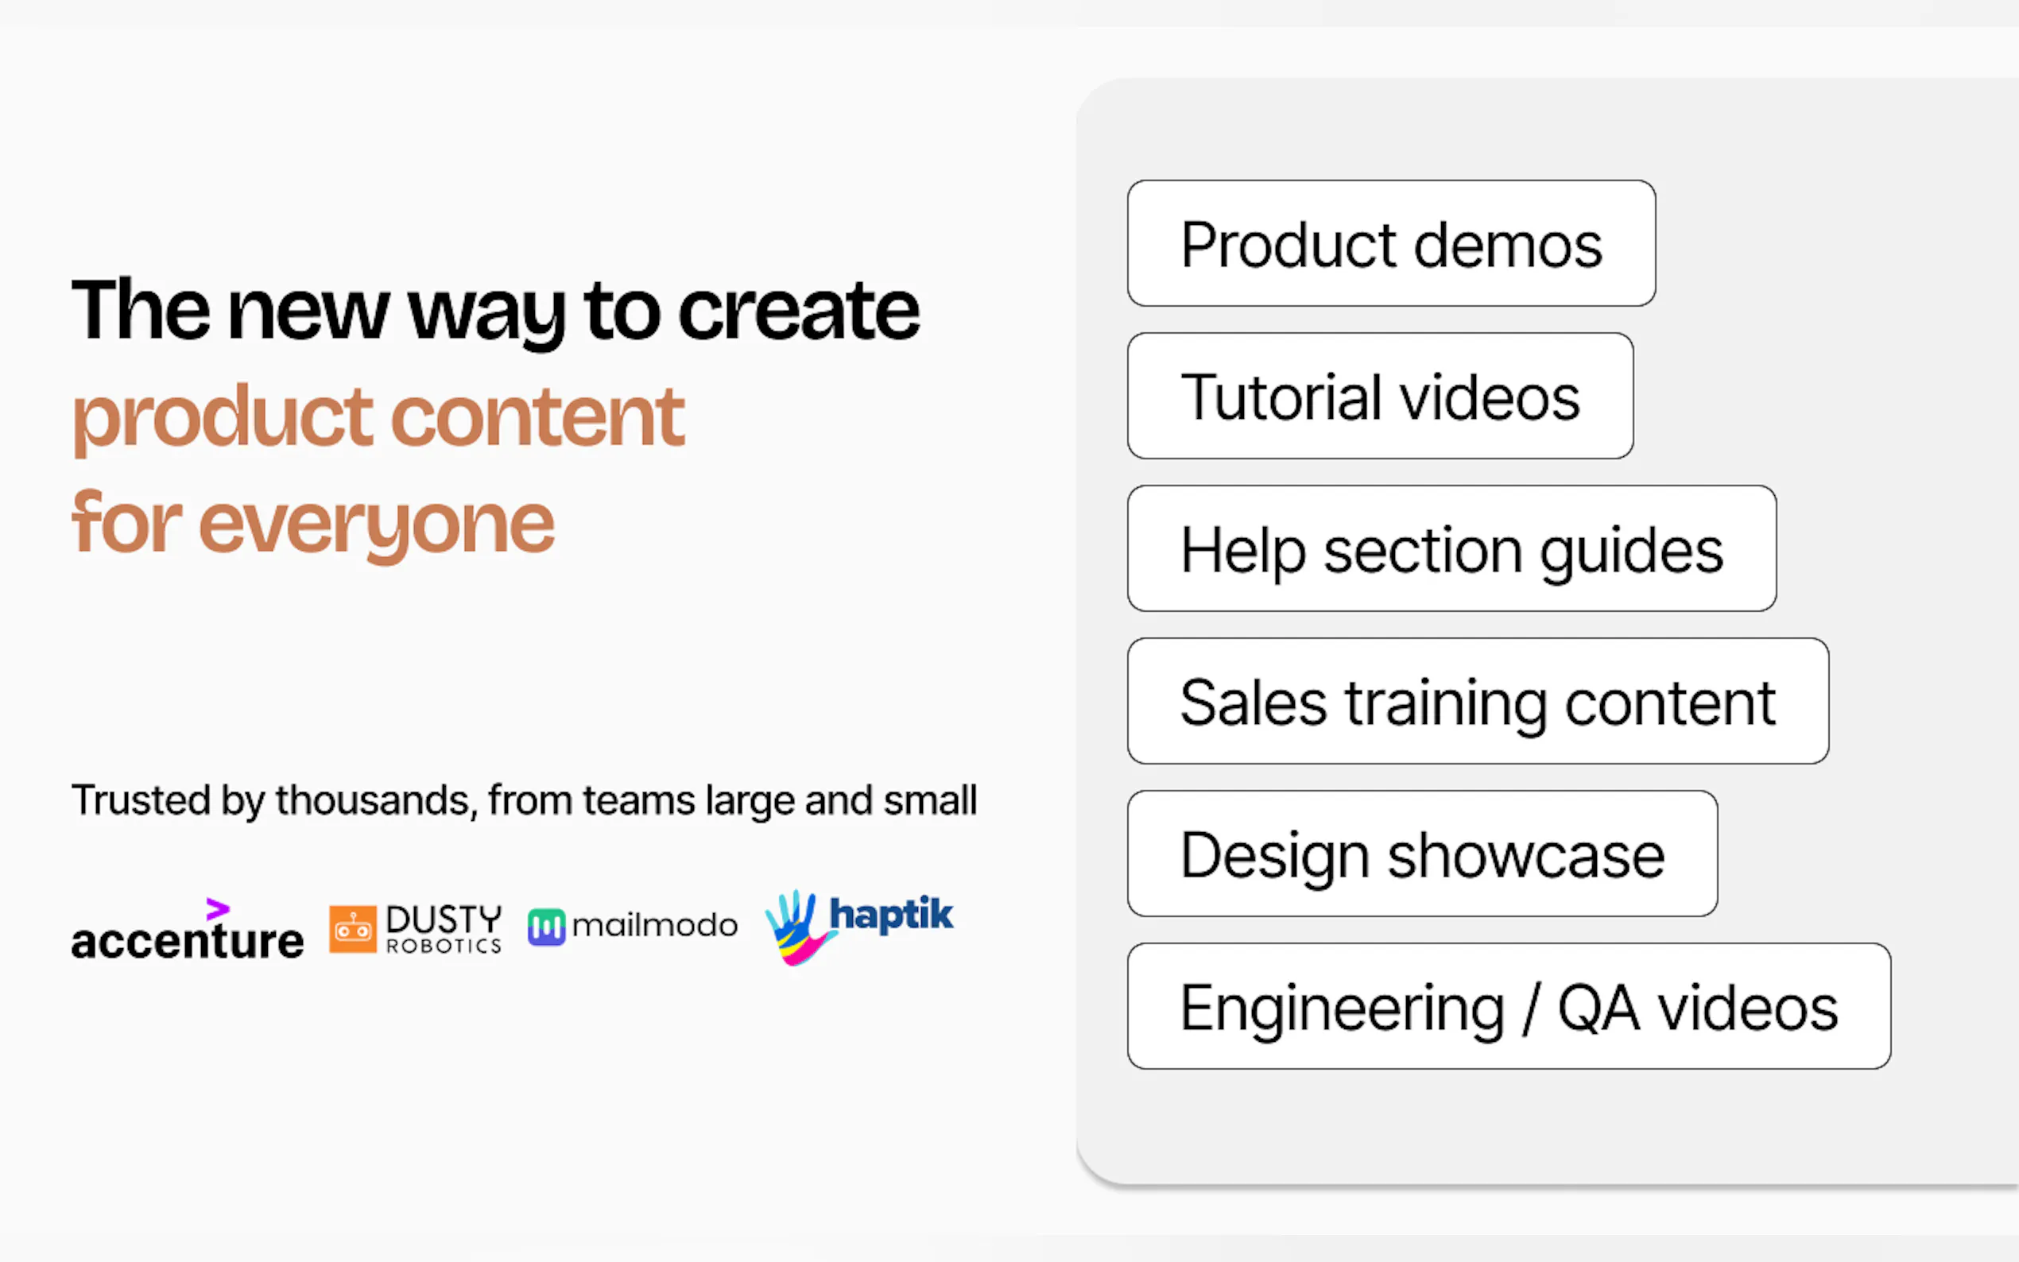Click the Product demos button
(x=1390, y=244)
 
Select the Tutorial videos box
(x=1380, y=397)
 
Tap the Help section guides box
(x=1451, y=549)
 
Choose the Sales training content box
(x=1478, y=702)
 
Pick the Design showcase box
(x=1421, y=854)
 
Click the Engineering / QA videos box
(x=1508, y=1008)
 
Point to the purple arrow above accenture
(x=217, y=908)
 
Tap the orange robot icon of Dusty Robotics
(x=352, y=928)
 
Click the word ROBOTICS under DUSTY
(x=444, y=946)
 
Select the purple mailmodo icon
(x=546, y=927)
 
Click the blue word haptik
(x=890, y=915)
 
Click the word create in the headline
(x=799, y=312)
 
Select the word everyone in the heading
(x=376, y=525)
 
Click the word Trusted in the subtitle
(x=140, y=800)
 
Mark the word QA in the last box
(x=1598, y=1008)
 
